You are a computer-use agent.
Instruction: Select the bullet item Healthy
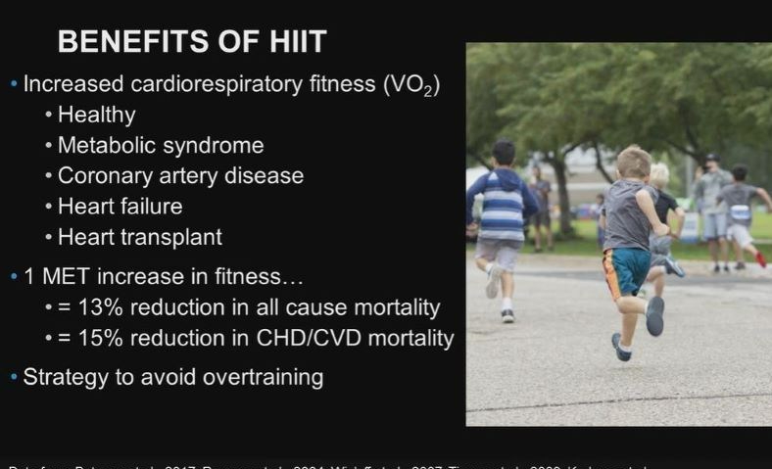[96, 115]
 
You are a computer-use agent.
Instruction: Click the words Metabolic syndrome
[161, 146]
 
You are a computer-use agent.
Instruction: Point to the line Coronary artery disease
[180, 176]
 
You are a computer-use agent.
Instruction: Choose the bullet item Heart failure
[120, 207]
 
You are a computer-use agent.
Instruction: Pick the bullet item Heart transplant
[140, 237]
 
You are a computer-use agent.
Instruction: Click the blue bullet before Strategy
[13, 377]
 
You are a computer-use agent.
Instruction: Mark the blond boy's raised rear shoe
[654, 315]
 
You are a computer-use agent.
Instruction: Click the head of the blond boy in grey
[634, 163]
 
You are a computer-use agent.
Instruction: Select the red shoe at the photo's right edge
[760, 259]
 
